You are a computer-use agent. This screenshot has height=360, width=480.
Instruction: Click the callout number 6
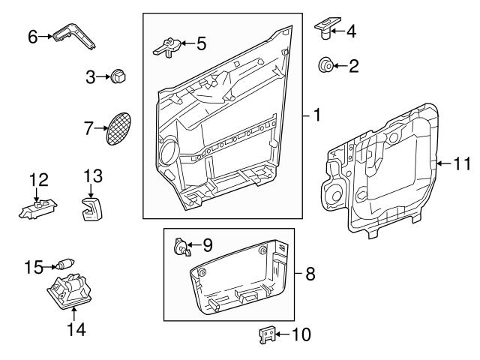[x=32, y=34]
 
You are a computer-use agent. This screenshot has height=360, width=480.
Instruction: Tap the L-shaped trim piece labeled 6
[x=75, y=34]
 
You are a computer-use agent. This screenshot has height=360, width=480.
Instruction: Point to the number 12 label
[x=38, y=179]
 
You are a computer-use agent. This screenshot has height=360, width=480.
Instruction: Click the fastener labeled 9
[x=180, y=245]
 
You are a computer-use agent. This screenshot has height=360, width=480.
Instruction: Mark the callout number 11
[x=463, y=162]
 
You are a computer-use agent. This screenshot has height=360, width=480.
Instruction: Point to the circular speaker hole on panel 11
[x=331, y=196]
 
